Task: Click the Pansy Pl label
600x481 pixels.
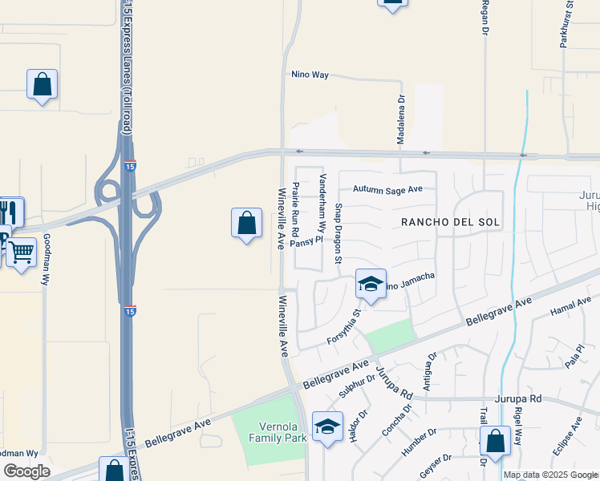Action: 306,240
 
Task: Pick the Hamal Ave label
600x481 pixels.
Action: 570,305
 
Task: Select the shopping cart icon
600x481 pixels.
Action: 21,253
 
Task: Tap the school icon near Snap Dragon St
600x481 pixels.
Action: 371,285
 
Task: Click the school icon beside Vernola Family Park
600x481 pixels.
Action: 327,427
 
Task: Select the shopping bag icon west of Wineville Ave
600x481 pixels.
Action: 247,224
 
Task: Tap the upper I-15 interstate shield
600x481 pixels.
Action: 130,167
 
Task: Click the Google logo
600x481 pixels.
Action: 27,471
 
